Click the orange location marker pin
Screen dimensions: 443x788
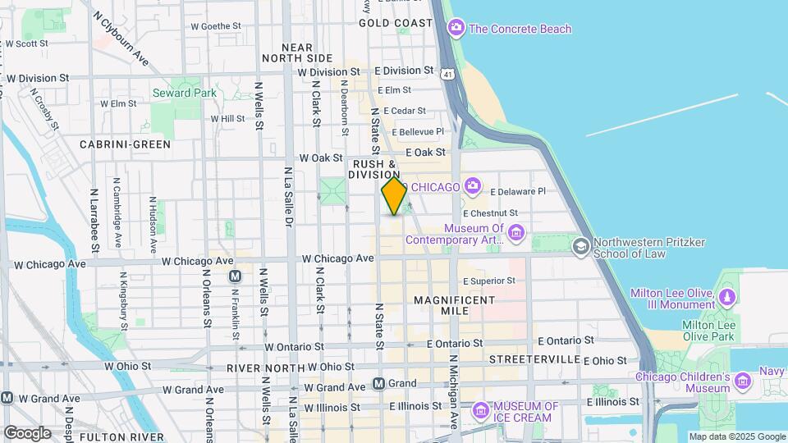click(394, 196)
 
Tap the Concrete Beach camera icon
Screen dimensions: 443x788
click(456, 29)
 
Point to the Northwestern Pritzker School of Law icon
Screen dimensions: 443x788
click(581, 245)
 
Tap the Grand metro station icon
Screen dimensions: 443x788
click(378, 383)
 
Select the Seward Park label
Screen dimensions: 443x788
click(184, 93)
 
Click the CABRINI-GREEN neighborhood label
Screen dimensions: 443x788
click(125, 144)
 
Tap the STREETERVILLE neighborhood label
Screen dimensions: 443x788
click(534, 360)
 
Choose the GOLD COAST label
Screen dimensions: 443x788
click(395, 23)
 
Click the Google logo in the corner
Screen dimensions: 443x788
click(27, 432)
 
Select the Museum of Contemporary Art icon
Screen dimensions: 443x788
click(515, 235)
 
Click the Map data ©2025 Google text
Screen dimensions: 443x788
click(736, 436)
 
